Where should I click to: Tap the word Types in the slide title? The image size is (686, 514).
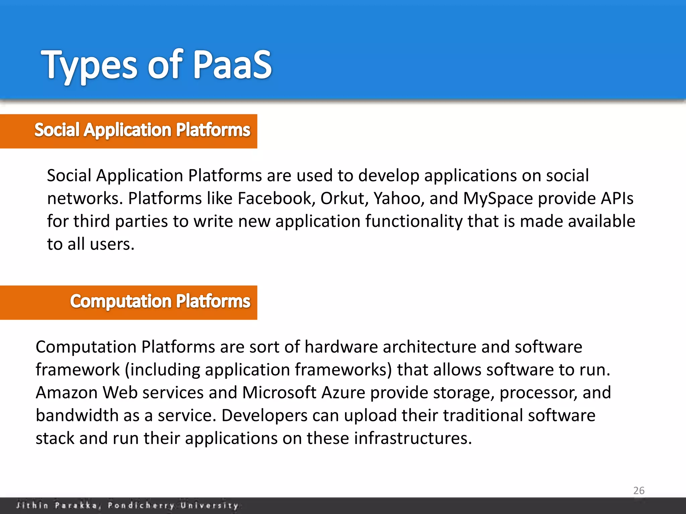pyautogui.click(x=89, y=65)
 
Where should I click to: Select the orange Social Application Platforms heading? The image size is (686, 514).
pyautogui.click(x=142, y=130)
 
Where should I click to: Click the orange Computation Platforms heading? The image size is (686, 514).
pyautogui.click(x=160, y=302)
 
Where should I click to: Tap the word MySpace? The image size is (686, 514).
pyautogui.click(x=498, y=198)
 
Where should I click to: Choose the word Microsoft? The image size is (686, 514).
pyautogui.click(x=279, y=393)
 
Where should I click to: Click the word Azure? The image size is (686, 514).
pyautogui.click(x=343, y=393)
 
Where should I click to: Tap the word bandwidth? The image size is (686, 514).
pyautogui.click(x=77, y=416)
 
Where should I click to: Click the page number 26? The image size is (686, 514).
pyautogui.click(x=639, y=491)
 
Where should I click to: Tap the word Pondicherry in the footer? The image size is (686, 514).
pyautogui.click(x=141, y=505)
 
